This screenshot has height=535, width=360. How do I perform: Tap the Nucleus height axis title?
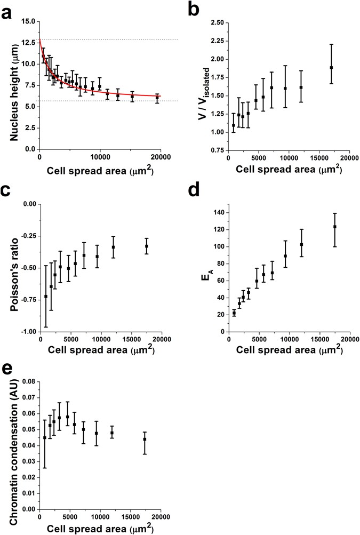click(x=12, y=85)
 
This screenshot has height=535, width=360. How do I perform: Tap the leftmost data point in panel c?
click(x=46, y=296)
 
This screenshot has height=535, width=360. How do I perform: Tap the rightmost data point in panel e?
click(x=145, y=440)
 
